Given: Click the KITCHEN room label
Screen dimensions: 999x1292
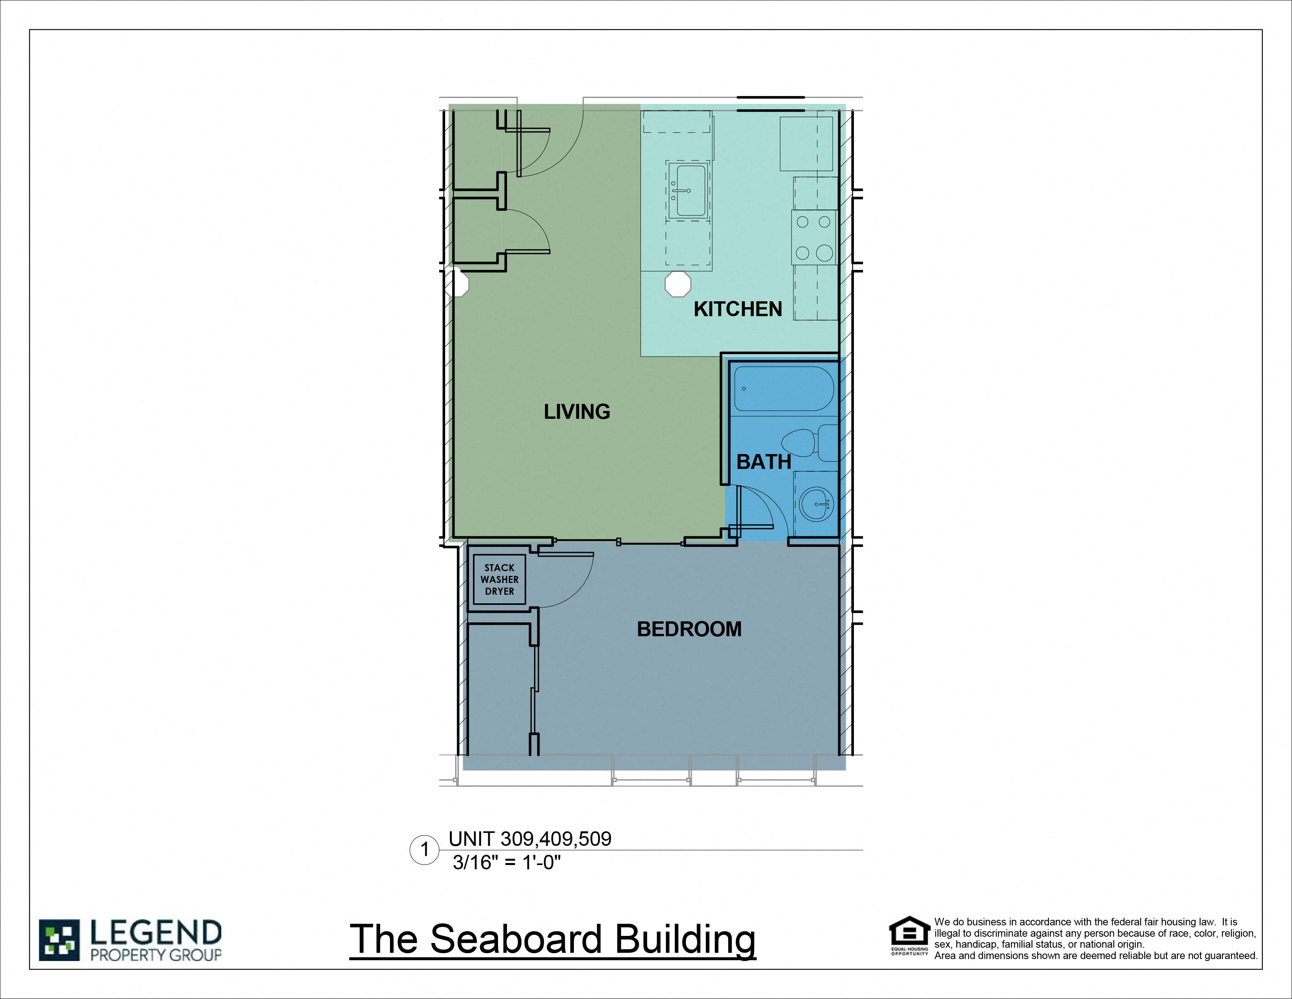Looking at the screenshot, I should click(x=737, y=309).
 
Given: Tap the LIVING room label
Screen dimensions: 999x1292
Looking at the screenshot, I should click(x=577, y=411).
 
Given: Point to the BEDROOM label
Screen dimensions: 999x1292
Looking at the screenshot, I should click(x=689, y=628).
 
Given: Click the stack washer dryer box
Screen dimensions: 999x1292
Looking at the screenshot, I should click(x=499, y=579).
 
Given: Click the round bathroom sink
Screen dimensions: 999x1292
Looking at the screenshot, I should click(x=815, y=504).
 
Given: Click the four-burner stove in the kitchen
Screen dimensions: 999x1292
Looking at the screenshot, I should click(x=814, y=237).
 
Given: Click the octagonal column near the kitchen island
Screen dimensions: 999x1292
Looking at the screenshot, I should click(x=677, y=285).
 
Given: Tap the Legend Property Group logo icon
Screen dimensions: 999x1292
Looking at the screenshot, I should click(x=59, y=940).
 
